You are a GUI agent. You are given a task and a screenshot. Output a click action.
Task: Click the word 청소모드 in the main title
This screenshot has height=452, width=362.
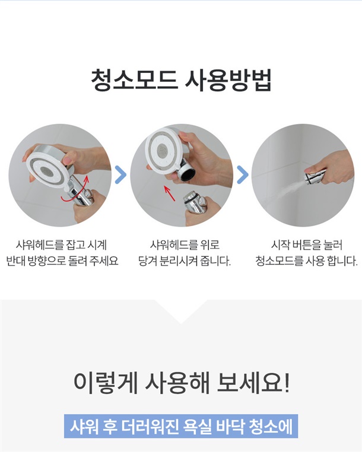(134, 80)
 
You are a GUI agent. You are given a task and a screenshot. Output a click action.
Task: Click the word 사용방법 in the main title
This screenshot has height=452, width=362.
(228, 80)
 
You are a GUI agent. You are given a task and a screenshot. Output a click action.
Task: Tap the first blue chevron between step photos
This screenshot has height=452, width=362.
(120, 174)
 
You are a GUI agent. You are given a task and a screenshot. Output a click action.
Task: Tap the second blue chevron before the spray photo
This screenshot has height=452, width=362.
(242, 174)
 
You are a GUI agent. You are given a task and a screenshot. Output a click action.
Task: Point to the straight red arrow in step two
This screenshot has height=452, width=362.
(170, 193)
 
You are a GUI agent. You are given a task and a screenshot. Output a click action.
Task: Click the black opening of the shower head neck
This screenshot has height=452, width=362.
(188, 174)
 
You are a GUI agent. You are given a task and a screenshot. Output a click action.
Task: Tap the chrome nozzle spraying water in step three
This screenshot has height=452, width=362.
(315, 177)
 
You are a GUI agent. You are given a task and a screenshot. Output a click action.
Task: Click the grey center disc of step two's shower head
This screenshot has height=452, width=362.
(163, 151)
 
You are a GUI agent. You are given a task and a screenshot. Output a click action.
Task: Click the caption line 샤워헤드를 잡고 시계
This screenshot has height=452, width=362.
(61, 245)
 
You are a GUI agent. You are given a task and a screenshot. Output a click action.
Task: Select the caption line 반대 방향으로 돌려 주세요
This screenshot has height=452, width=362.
(62, 261)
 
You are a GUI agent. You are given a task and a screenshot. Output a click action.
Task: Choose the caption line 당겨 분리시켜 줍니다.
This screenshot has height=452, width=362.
(185, 261)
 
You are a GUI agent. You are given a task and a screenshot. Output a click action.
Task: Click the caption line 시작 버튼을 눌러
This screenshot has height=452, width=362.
(307, 245)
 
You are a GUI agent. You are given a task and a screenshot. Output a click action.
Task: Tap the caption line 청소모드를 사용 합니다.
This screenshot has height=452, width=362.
(306, 261)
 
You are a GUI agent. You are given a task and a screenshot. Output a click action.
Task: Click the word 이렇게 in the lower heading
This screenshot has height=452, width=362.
(106, 383)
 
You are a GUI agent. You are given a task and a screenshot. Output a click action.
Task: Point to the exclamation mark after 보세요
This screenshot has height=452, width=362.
(287, 383)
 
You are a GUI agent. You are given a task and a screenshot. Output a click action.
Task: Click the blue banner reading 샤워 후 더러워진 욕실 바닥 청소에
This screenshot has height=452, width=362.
(181, 426)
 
